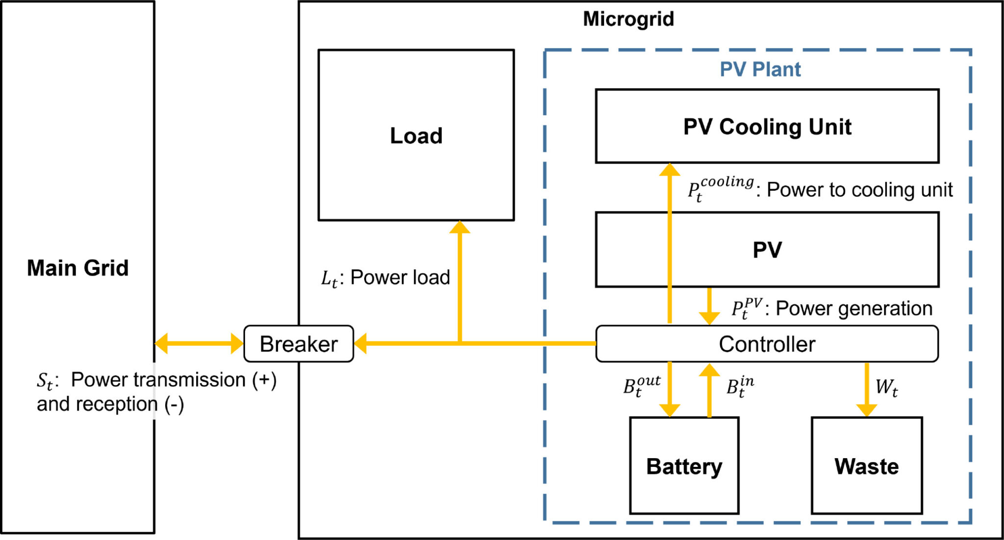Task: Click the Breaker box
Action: pyautogui.click(x=299, y=344)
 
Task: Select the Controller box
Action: pyautogui.click(x=767, y=344)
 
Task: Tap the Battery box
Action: pyautogui.click(x=684, y=466)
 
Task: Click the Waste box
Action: pyautogui.click(x=866, y=466)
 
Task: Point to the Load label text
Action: pyautogui.click(x=416, y=136)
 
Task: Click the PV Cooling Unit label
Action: pyautogui.click(x=767, y=127)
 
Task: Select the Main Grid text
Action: pyautogui.click(x=78, y=268)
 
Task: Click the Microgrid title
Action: pyautogui.click(x=628, y=19)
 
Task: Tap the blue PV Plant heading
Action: pyautogui.click(x=760, y=69)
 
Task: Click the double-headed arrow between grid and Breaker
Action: pyautogui.click(x=199, y=343)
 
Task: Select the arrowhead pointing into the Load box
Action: pyautogui.click(x=460, y=227)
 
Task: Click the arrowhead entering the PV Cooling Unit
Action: pyautogui.click(x=670, y=170)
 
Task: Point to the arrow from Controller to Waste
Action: pyautogui.click(x=867, y=390)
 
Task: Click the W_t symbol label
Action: pyautogui.click(x=887, y=387)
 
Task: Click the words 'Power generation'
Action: pyautogui.click(x=854, y=309)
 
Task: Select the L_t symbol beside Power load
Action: pyautogui.click(x=329, y=279)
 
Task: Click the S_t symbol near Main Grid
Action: pyautogui.click(x=45, y=381)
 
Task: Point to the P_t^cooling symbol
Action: pyautogui.click(x=720, y=189)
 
